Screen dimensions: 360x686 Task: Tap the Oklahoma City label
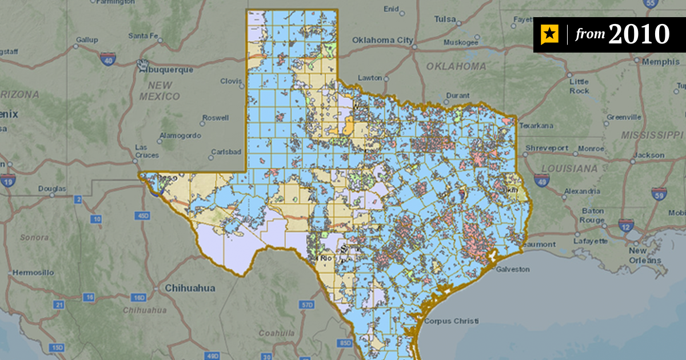pos(382,40)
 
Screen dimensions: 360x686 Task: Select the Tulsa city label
pos(445,19)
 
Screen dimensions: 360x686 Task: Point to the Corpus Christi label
pos(451,321)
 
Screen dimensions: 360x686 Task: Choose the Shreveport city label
pos(547,148)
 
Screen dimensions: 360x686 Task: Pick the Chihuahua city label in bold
pos(190,289)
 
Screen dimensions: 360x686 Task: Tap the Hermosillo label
pos(33,272)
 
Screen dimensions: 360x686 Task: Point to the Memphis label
pos(660,61)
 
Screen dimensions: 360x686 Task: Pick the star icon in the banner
pos(549,35)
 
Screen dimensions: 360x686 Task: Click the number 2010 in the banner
pos(639,35)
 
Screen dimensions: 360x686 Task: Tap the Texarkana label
pos(537,125)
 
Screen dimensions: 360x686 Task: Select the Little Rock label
pos(579,86)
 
